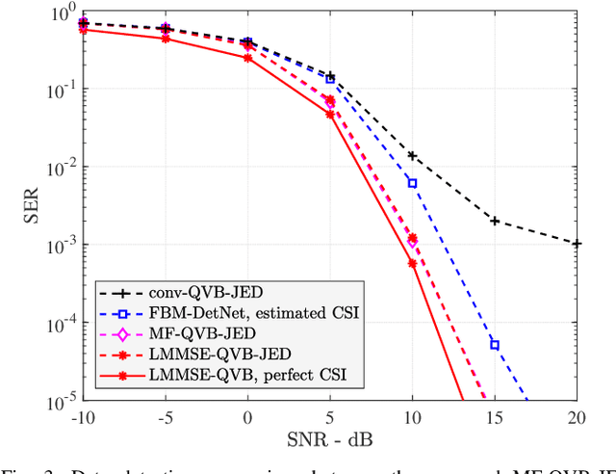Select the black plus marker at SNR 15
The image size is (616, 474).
coord(495,221)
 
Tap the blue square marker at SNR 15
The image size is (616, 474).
coord(495,344)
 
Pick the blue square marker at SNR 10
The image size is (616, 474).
coord(412,183)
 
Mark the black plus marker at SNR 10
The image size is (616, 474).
coord(412,155)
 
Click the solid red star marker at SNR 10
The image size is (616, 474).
coord(412,263)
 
